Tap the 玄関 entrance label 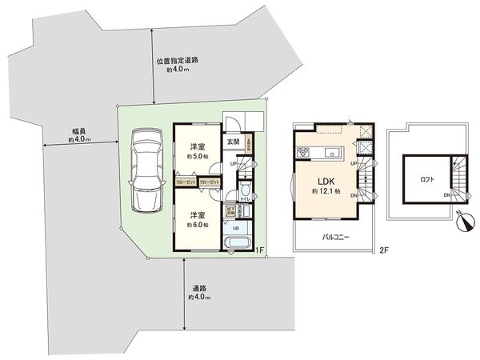pyautogui.click(x=232, y=142)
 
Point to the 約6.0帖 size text pyautogui.click(x=197, y=225)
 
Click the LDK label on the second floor pyautogui.click(x=326, y=178)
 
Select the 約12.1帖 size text pyautogui.click(x=326, y=192)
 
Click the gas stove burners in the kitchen pyautogui.click(x=305, y=152)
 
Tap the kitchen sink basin pyautogui.click(x=334, y=152)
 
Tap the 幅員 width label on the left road pyautogui.click(x=78, y=130)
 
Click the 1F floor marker pyautogui.click(x=259, y=250)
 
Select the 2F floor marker pyautogui.click(x=384, y=250)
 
